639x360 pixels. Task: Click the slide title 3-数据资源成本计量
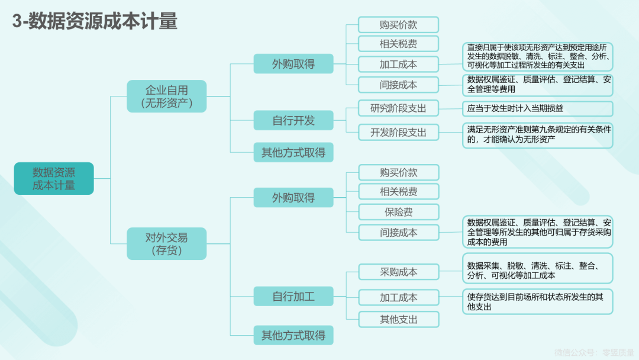point(95,21)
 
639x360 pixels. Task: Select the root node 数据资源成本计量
point(54,179)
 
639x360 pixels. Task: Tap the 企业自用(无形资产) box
point(167,97)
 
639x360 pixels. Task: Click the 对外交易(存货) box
point(167,244)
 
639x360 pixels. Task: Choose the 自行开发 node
point(293,120)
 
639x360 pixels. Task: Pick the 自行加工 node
point(293,297)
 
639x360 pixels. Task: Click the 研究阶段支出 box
point(398,108)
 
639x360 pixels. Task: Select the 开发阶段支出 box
point(398,132)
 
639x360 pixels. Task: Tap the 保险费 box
point(399,212)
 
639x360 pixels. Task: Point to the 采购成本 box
point(399,272)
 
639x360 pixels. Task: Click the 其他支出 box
point(399,319)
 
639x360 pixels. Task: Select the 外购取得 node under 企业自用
point(293,63)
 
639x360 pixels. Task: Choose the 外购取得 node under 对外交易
point(293,198)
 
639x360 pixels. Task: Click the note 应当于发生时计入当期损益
point(537,108)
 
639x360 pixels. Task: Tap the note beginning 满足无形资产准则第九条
point(537,135)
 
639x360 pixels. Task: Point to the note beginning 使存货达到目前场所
point(537,302)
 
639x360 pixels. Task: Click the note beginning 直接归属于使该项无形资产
point(537,56)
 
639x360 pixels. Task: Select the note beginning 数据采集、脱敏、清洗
point(537,268)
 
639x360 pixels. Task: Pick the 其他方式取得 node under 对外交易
point(293,335)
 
